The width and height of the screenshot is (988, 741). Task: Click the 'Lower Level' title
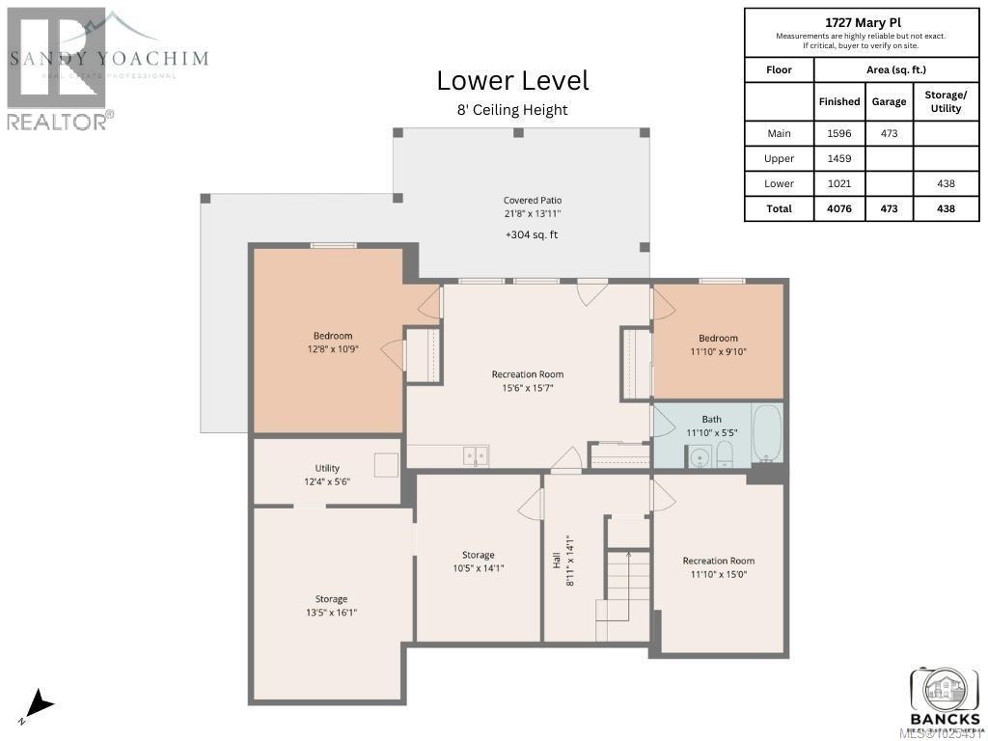512,80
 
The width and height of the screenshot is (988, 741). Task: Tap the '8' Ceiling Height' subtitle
512,110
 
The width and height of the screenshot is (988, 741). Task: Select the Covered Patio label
532,200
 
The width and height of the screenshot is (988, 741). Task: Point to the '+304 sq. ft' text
532,234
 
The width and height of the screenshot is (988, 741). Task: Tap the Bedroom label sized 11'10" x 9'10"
718,338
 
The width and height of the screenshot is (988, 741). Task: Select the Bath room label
711,420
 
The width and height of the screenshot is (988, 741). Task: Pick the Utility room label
327,468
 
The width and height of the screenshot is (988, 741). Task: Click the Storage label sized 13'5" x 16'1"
331,599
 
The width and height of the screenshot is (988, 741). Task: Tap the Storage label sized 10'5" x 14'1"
478,555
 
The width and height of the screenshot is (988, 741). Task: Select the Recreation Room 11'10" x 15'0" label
718,561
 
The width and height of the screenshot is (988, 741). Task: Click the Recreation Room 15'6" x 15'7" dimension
527,388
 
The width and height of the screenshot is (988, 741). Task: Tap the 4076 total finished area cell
839,208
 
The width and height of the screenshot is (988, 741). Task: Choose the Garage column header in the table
889,101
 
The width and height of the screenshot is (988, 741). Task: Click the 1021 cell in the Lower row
839,183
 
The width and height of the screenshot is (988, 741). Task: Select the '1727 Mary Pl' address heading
861,21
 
